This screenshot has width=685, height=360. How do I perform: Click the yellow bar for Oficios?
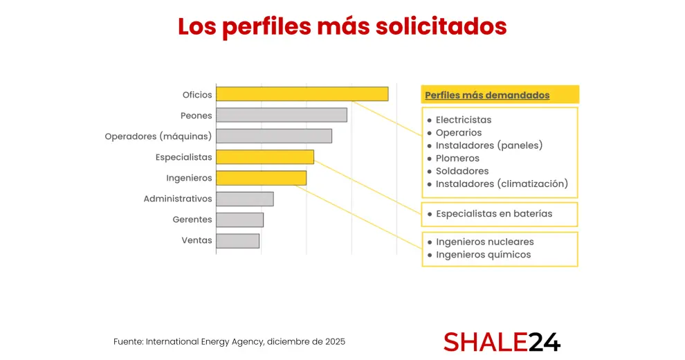click(302, 94)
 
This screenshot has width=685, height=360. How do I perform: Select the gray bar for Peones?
click(281, 115)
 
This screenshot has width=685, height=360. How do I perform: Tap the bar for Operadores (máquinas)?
click(273, 136)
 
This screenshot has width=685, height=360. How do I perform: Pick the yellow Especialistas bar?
click(264, 157)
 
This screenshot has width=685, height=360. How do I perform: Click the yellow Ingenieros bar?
click(261, 178)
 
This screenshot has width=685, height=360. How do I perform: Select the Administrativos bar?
click(244, 199)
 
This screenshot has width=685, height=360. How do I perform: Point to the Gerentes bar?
click(239, 219)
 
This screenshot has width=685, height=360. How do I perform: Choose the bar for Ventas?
click(237, 240)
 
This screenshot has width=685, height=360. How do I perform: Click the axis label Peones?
click(196, 116)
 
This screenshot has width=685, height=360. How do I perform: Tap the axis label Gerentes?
click(192, 219)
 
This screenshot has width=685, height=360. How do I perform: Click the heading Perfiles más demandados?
click(487, 95)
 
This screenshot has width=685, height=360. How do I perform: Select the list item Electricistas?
click(463, 120)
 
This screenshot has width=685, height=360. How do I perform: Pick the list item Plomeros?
click(457, 159)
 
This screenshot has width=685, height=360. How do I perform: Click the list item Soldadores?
click(462, 171)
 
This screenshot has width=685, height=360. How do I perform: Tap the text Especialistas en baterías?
click(493, 214)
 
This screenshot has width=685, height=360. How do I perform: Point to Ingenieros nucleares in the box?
click(484, 242)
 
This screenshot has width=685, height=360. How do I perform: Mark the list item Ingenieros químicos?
click(483, 255)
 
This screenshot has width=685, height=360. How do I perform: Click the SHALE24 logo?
click(502, 341)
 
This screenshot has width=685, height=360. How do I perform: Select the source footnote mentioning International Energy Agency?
click(229, 342)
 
